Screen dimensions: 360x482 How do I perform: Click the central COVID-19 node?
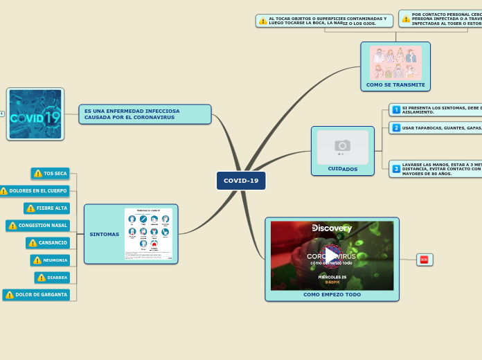[241, 181]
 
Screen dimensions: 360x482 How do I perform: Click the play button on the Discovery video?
[332, 255]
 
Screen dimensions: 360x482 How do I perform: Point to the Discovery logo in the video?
[332, 228]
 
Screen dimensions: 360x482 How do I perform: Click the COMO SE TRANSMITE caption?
[395, 84]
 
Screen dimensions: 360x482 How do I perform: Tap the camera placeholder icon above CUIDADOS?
[342, 145]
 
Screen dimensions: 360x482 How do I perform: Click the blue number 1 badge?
[396, 109]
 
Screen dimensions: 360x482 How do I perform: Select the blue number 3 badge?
[396, 169]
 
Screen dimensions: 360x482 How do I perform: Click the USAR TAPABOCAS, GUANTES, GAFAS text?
[440, 128]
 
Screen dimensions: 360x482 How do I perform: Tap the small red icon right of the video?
[424, 260]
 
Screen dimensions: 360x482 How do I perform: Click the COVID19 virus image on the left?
[35, 114]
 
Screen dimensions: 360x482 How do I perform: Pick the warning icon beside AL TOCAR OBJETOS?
[263, 21]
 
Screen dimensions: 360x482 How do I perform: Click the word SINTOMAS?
[104, 234]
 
